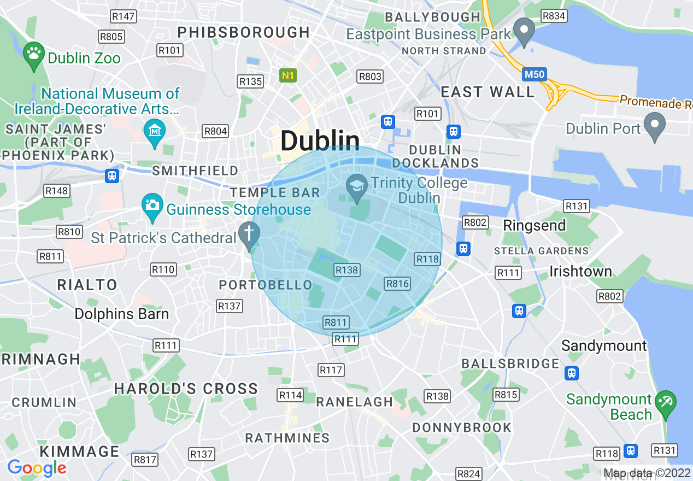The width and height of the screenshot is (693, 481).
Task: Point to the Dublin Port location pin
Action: pos(654,125)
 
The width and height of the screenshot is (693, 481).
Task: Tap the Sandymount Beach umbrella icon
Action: pos(665,403)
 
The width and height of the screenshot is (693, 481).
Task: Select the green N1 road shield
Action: pos(287,75)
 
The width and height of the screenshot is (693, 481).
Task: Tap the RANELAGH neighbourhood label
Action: pos(355,402)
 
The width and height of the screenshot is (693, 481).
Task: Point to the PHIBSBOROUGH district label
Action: pos(244,32)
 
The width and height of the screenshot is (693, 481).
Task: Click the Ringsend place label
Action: pos(534,225)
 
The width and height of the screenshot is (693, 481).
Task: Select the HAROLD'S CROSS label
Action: pos(186,389)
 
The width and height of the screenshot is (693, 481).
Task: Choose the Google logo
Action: pos(37,468)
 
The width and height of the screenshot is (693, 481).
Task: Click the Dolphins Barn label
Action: pos(122,314)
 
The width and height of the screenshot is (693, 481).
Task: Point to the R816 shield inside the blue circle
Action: pos(397,283)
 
